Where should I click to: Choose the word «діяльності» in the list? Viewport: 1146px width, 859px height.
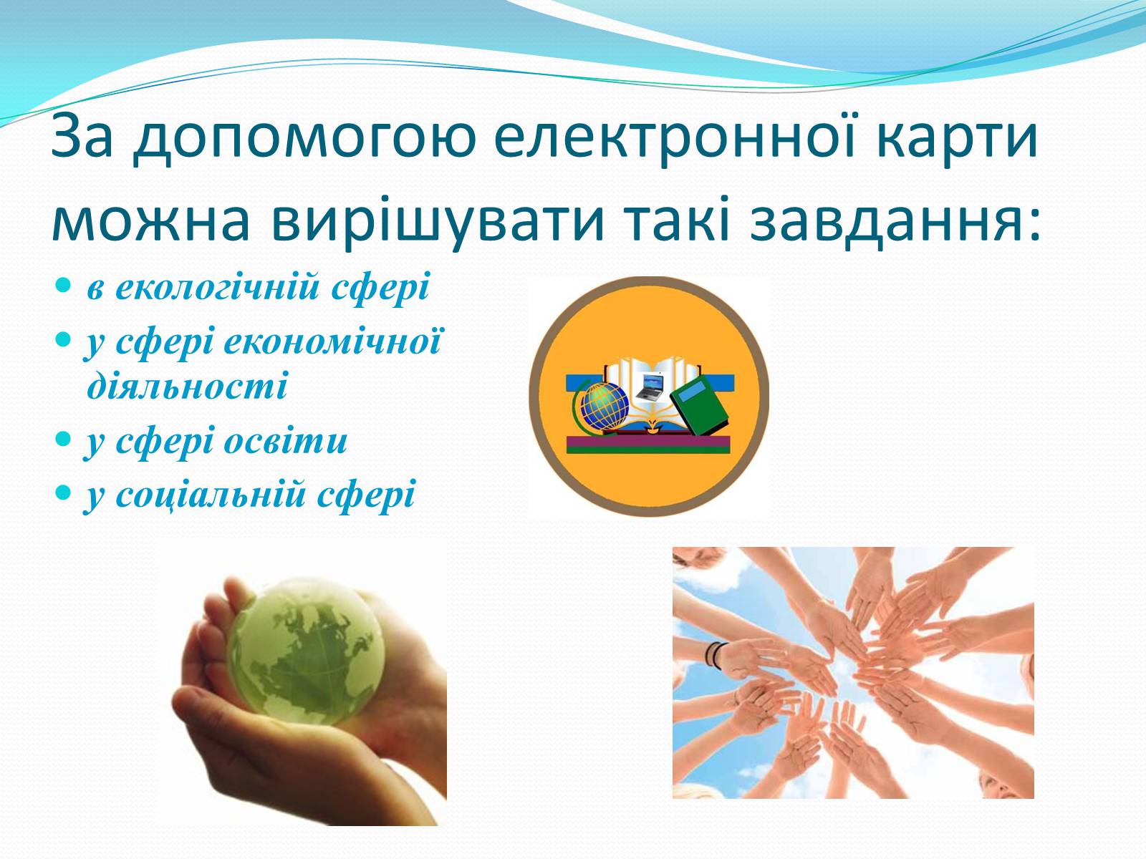tap(187, 387)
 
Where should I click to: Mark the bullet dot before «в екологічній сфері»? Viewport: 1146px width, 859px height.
tap(62, 286)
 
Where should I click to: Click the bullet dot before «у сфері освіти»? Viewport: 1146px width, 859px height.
tap(62, 439)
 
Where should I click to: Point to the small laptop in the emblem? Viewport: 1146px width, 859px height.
tap(650, 387)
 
